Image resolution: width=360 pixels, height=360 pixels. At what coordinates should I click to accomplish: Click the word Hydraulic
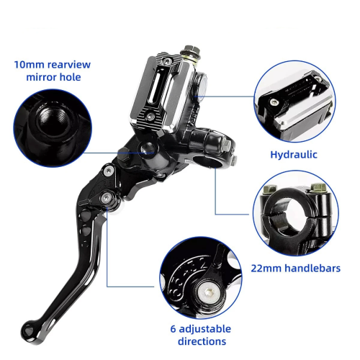pyautogui.click(x=294, y=155)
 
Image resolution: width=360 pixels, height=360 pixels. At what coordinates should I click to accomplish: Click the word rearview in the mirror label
pyautogui.click(x=69, y=65)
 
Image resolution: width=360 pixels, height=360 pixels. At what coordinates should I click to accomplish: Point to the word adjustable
pyautogui.click(x=205, y=329)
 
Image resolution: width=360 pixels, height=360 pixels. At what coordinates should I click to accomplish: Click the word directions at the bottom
pyautogui.click(x=202, y=341)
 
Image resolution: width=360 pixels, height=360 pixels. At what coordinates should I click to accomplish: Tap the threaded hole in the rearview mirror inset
pyautogui.click(x=55, y=120)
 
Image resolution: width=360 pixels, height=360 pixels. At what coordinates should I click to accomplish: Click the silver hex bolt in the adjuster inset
pyautogui.click(x=207, y=292)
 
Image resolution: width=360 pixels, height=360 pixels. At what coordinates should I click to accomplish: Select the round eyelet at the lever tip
pyautogui.click(x=28, y=329)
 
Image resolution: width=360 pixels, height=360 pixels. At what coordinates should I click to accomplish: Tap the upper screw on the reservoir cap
pyautogui.click(x=167, y=62)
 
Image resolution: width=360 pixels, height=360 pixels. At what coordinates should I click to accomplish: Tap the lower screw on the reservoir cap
pyautogui.click(x=150, y=117)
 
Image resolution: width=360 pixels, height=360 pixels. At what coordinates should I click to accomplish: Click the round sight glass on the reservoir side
pyautogui.click(x=202, y=85)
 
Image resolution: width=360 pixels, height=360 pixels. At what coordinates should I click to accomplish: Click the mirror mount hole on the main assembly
pyautogui.click(x=148, y=148)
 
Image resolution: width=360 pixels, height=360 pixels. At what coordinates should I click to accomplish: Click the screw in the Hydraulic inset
pyautogui.click(x=274, y=102)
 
